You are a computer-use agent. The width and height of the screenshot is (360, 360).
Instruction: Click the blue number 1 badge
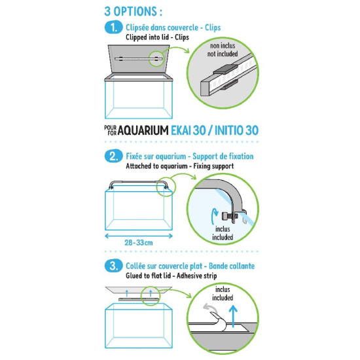click(x=114, y=27)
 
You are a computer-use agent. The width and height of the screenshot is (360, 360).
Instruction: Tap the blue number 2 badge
click(x=114, y=156)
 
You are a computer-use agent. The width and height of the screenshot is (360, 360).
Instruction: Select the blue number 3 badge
click(x=114, y=266)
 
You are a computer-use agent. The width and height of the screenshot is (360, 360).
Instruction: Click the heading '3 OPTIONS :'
click(x=133, y=11)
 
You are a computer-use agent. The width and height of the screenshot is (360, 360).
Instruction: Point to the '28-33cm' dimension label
click(x=139, y=243)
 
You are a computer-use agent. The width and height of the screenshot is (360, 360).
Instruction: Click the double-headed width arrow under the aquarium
click(x=139, y=236)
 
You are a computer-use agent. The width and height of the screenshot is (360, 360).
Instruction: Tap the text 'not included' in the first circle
click(x=223, y=54)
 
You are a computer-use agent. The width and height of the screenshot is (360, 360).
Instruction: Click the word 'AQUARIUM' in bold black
click(x=143, y=130)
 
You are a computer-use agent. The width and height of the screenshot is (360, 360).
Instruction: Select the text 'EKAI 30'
click(x=189, y=130)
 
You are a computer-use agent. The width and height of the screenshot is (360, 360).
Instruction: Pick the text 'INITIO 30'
click(x=237, y=130)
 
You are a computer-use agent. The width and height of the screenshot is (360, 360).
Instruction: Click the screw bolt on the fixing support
click(x=230, y=216)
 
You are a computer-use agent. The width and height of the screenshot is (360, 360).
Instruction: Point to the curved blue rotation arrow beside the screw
click(x=214, y=216)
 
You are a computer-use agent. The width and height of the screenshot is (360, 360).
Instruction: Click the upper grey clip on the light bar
click(x=226, y=69)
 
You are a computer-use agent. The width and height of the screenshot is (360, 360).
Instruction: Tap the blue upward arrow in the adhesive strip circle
click(x=233, y=315)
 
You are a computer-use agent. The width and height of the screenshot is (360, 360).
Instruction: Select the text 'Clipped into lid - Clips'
click(x=157, y=37)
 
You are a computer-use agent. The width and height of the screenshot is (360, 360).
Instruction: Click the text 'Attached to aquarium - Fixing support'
click(x=180, y=166)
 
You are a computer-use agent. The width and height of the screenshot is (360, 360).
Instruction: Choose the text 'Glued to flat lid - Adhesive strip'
click(x=171, y=276)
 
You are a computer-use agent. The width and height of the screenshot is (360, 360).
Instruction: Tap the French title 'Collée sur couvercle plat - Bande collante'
click(x=190, y=266)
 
